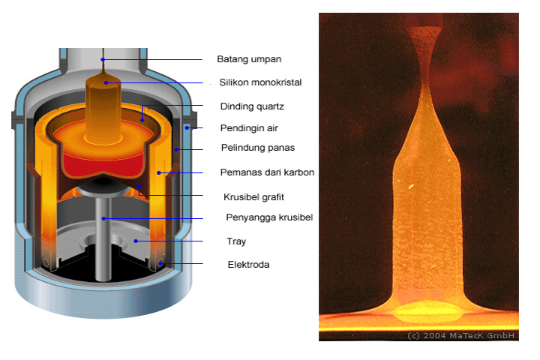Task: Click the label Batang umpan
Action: coord(244,58)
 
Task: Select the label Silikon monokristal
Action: coord(259,82)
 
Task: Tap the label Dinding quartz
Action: coord(252,106)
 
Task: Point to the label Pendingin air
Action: coord(250,127)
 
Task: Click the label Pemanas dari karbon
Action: coord(267,172)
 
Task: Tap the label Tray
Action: coord(236,241)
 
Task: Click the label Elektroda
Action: coord(249,264)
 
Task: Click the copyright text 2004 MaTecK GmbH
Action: coord(461,335)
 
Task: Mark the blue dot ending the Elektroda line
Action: coord(161,264)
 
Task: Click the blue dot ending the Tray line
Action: coord(136,241)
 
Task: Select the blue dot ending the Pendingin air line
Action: coord(187,127)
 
